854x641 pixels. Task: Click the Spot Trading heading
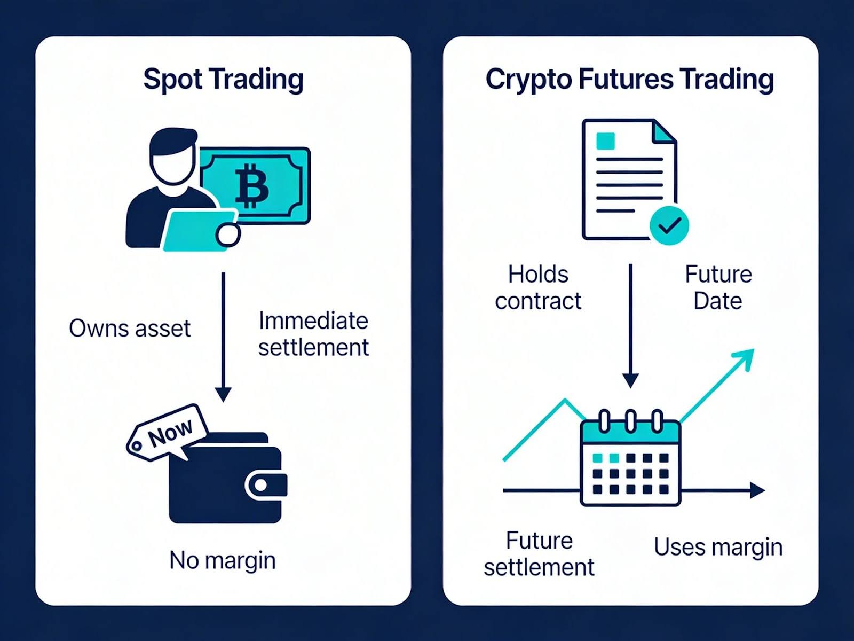223,79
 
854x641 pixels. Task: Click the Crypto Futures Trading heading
630,79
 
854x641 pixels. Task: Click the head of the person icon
172,158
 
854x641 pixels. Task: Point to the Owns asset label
130,328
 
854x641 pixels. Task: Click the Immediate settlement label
313,334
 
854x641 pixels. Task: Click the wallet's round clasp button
261,485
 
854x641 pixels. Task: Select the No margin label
223,560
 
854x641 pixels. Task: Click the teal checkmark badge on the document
669,226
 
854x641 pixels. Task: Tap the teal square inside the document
606,141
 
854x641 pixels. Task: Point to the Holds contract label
538,287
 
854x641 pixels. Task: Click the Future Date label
718,287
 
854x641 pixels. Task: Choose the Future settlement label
539,554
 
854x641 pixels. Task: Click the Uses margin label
718,547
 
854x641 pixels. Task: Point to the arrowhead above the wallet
223,394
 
